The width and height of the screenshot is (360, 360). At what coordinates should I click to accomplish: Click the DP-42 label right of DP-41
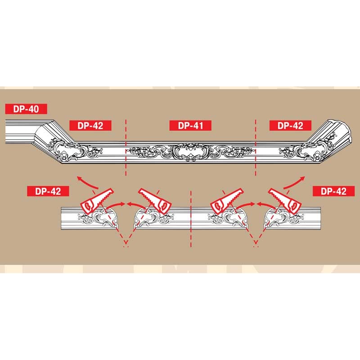point(290,126)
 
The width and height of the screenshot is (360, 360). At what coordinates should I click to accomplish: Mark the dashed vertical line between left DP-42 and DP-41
point(126,148)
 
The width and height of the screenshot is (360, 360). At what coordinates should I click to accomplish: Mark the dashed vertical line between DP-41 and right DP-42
point(255,148)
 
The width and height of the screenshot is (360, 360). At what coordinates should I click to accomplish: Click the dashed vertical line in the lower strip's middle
point(191,216)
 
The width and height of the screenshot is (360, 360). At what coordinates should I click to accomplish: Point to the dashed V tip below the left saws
point(126,245)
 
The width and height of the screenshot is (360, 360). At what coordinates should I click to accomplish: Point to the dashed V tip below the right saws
point(256,245)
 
